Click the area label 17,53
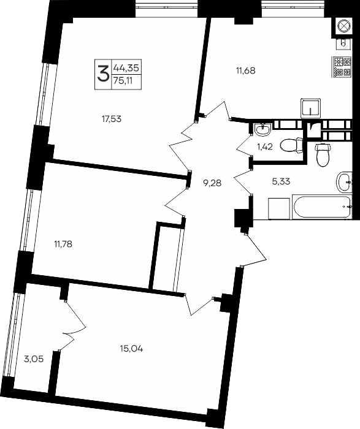[x=112, y=119]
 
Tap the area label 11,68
[x=245, y=70]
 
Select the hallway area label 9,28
[x=212, y=183]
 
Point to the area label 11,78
[x=63, y=243]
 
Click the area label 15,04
[x=131, y=349]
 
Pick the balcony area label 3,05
[x=34, y=359]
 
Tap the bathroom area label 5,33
[x=281, y=181]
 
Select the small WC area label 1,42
[x=264, y=147]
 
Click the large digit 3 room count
[x=103, y=74]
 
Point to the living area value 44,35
[x=126, y=67]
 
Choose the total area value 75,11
[x=123, y=82]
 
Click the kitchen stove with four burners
[x=342, y=67]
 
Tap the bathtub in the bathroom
[x=322, y=207]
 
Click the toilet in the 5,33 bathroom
[x=323, y=154]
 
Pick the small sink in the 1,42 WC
[x=262, y=129]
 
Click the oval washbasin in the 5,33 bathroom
[x=344, y=182]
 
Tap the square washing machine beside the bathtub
[x=279, y=208]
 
